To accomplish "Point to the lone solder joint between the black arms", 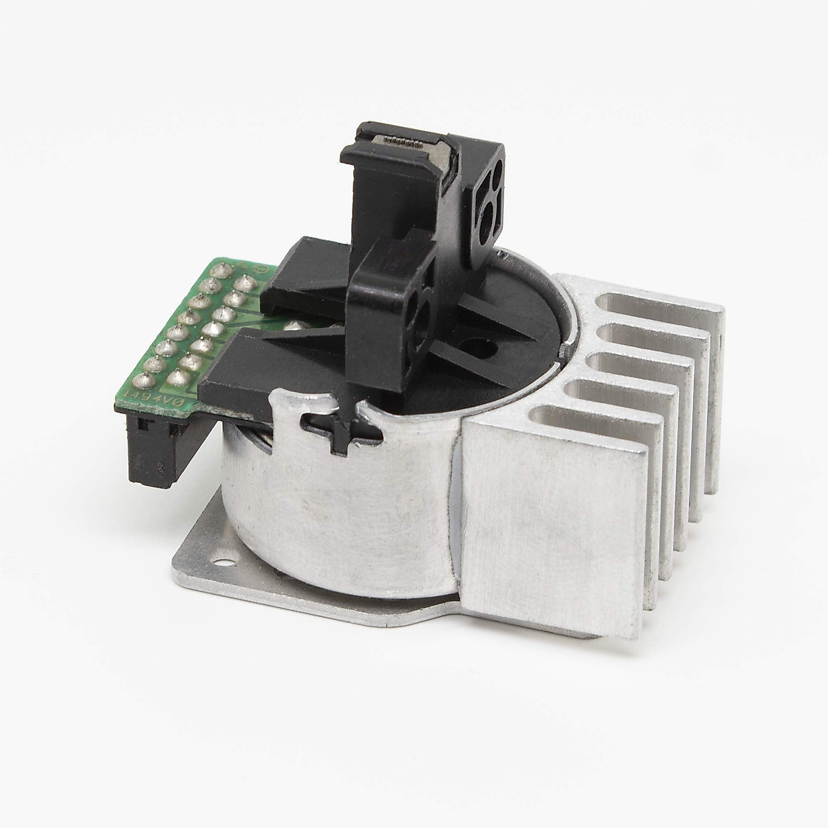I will point(296,324).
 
